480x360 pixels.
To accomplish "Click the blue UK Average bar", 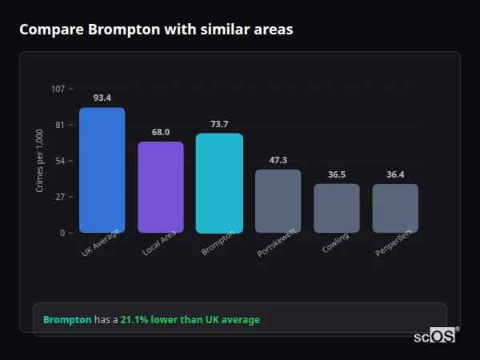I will click(x=102, y=170).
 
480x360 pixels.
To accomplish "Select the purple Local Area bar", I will click(x=161, y=187).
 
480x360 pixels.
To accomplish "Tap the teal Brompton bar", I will click(x=219, y=183).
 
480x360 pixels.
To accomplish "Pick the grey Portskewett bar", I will click(x=278, y=201).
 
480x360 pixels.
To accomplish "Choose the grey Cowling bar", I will click(x=337, y=208).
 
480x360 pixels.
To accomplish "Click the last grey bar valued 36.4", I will click(x=395, y=208).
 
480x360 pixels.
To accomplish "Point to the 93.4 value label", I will click(x=102, y=98).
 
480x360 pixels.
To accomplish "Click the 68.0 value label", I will click(x=161, y=132).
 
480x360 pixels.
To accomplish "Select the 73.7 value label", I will click(x=219, y=124).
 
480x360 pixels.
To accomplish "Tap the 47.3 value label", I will click(x=278, y=160).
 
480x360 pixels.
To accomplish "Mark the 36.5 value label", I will click(x=337, y=174).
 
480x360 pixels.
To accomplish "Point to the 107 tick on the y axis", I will click(x=58, y=89).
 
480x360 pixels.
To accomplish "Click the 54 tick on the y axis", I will click(x=60, y=161).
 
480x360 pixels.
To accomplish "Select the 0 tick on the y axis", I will click(x=62, y=233).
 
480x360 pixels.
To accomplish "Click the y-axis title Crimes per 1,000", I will click(x=40, y=160).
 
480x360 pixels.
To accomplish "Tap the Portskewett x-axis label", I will click(x=274, y=244).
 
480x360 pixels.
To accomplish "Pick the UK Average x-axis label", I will click(x=100, y=243).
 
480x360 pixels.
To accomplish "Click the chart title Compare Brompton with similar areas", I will click(x=156, y=30).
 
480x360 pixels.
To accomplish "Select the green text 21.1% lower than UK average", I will click(x=190, y=319).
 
